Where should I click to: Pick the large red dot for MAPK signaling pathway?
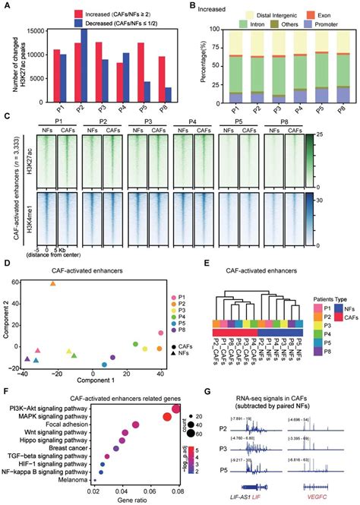168,417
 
